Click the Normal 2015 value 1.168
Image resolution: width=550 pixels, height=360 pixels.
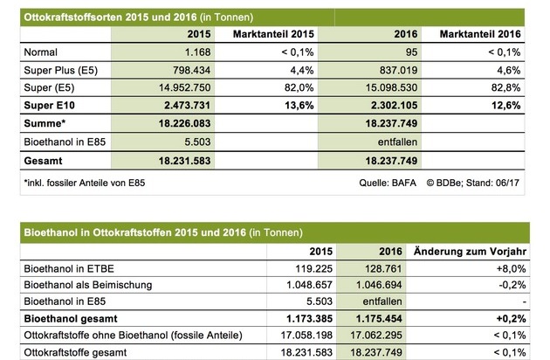pyautogui.click(x=198, y=52)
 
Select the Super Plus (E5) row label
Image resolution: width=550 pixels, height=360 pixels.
pyautogui.click(x=61, y=70)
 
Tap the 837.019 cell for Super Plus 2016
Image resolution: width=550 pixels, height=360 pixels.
pyautogui.click(x=398, y=70)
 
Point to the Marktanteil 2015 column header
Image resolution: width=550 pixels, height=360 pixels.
pyautogui.click(x=273, y=34)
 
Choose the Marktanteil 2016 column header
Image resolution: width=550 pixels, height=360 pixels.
pyautogui.click(x=480, y=34)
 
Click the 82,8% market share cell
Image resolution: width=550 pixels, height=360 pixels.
pyautogui.click(x=505, y=87)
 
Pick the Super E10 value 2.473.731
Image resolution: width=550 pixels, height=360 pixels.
pyautogui.click(x=188, y=106)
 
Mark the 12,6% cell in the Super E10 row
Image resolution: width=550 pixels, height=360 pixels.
pyautogui.click(x=505, y=106)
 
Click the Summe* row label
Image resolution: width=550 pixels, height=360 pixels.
pyautogui.click(x=45, y=123)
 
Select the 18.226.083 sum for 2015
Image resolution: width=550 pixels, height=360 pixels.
pyautogui.click(x=184, y=123)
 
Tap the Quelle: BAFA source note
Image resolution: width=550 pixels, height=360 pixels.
pyautogui.click(x=388, y=183)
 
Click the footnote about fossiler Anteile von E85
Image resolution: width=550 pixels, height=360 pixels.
pyautogui.click(x=84, y=183)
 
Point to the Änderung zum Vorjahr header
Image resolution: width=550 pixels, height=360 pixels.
pyautogui.click(x=470, y=252)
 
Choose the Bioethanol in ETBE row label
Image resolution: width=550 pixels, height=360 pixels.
pyautogui.click(x=69, y=268)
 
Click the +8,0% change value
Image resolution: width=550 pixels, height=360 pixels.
pyautogui.click(x=511, y=268)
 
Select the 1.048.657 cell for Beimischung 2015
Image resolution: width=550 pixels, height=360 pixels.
pyautogui.click(x=309, y=285)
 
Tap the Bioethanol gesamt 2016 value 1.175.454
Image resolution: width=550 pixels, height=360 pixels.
pyautogui.click(x=379, y=319)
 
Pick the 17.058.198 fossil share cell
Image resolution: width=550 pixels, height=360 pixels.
pyautogui.click(x=306, y=335)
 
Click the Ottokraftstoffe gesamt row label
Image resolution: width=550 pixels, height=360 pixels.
pyautogui.click(x=75, y=352)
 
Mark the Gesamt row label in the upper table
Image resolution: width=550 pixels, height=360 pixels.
pyautogui.click(x=43, y=161)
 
